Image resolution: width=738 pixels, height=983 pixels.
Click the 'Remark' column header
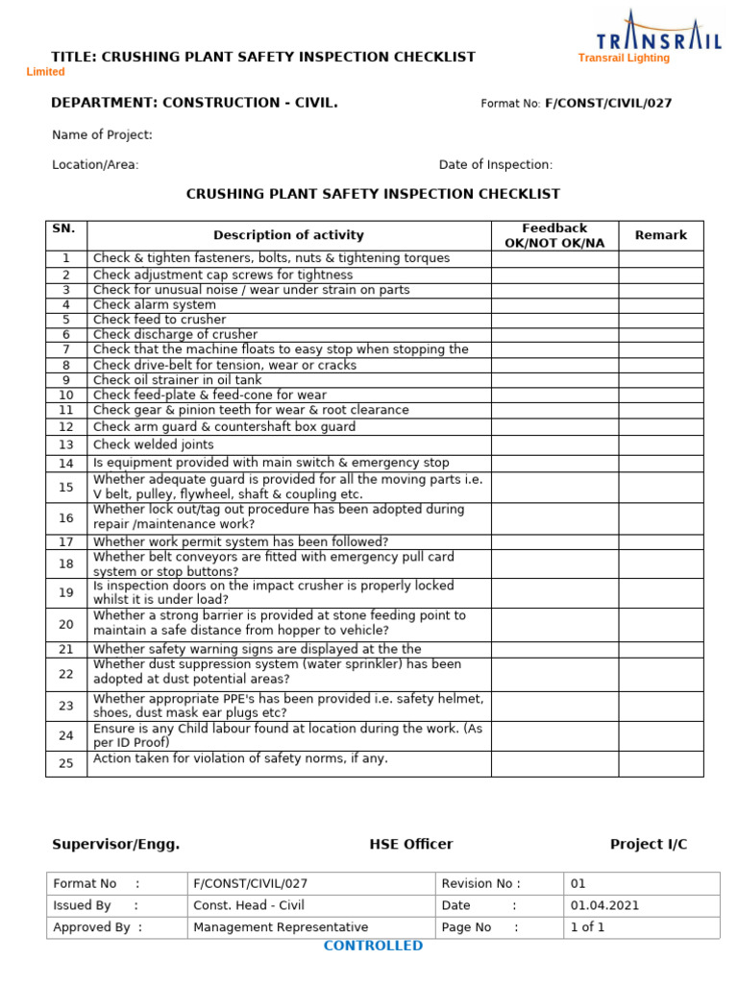point(660,235)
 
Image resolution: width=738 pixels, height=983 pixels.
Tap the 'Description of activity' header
point(288,235)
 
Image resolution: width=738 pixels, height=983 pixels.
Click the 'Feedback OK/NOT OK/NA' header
point(554,235)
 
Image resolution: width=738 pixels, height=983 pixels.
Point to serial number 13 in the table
point(66,444)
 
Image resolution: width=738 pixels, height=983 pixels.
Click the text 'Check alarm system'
point(155,305)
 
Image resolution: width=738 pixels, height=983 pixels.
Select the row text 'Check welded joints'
point(154,444)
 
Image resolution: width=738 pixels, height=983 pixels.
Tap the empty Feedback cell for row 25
point(554,764)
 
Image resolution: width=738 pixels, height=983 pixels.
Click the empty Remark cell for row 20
point(660,624)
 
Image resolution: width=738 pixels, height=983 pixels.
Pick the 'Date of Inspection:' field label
point(496,165)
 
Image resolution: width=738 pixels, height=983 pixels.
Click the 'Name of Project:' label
point(102,135)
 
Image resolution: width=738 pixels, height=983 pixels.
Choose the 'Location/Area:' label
point(95,165)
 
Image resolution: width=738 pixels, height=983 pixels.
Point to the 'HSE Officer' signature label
point(411,845)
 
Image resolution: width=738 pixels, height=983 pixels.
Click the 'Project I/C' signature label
point(649,845)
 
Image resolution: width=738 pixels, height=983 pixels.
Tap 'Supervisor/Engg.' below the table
point(115,845)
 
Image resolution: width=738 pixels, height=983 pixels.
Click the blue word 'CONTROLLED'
point(373,946)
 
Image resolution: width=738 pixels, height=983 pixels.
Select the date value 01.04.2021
point(604,905)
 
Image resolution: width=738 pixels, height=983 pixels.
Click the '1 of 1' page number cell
point(587,927)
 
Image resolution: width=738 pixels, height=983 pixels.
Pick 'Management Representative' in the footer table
point(281,927)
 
